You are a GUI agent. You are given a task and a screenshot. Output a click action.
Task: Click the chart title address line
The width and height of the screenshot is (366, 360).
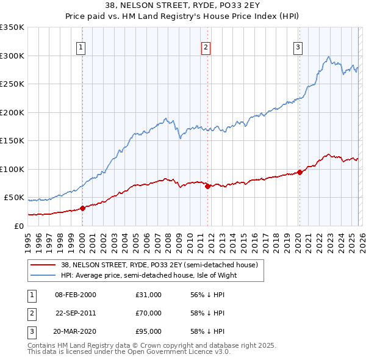click(182, 6)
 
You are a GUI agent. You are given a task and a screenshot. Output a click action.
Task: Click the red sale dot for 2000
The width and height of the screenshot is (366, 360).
click(82, 208)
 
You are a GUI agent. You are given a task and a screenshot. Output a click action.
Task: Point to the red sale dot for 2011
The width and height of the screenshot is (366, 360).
click(207, 186)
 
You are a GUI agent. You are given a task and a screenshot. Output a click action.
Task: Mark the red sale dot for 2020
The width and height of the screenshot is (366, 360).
click(300, 172)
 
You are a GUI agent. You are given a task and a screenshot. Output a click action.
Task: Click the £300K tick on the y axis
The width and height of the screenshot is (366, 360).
click(12, 56)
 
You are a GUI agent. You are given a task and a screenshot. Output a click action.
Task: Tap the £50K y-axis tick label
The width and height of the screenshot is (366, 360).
click(14, 198)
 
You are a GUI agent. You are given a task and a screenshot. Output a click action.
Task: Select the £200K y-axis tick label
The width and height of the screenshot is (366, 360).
click(12, 112)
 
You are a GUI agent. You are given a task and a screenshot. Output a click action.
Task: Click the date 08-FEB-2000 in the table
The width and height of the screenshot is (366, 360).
click(75, 295)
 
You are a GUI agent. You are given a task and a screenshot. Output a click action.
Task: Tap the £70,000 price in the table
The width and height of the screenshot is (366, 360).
click(149, 313)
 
